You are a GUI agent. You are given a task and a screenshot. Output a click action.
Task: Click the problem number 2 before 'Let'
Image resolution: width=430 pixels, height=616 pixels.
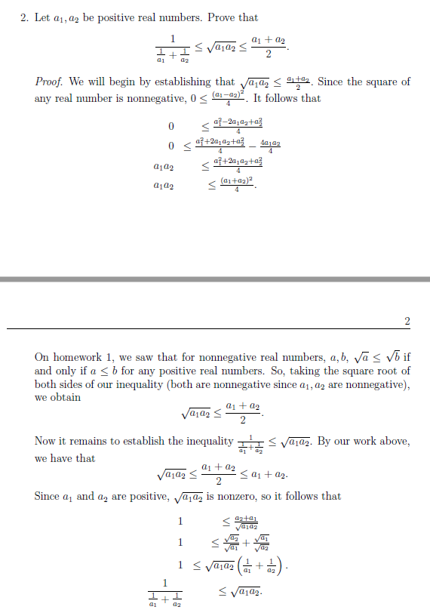coord(23,17)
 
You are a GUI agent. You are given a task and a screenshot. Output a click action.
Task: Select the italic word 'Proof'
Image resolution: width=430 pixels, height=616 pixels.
coord(49,82)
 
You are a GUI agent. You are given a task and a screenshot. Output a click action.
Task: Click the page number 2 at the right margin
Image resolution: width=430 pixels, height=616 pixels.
coord(407,322)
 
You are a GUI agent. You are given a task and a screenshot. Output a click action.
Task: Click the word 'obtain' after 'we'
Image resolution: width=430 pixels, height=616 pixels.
coord(65,398)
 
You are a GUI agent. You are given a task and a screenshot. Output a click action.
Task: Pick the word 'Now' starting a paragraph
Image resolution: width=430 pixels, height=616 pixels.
coord(44,441)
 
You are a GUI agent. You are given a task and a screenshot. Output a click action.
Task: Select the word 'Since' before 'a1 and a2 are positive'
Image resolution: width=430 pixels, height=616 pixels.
coord(47,496)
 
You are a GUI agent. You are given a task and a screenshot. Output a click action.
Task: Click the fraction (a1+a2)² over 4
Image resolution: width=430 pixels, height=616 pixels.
coord(237,185)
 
